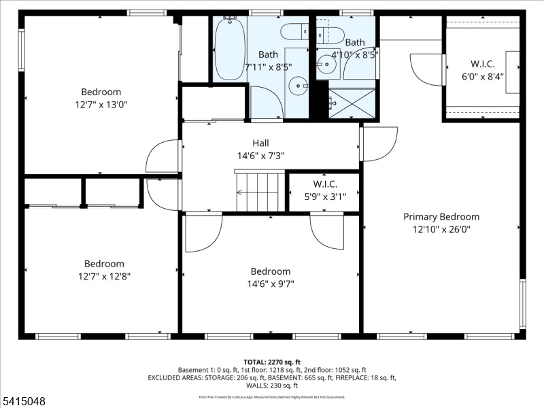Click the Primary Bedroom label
pos(441,217)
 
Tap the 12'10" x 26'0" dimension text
pos(441,230)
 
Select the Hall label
pos(260,143)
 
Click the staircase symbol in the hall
pos(260,192)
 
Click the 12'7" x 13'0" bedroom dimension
pos(101,105)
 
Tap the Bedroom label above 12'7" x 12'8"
pos(104,264)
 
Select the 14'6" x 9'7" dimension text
pos(270,284)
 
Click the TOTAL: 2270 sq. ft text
pos(272,362)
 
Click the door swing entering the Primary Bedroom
pos(379,143)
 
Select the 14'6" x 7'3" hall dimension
pos(260,156)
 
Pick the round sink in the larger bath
pos(296,86)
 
